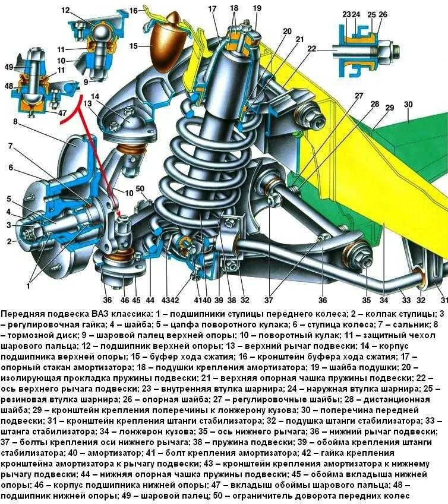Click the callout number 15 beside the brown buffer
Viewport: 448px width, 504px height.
click(x=134, y=46)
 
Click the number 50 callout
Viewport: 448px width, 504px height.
click(x=140, y=189)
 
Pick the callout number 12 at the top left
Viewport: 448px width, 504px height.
click(x=65, y=10)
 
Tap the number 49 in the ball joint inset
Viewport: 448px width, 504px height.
click(x=8, y=67)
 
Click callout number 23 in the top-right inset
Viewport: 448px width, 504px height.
click(x=346, y=14)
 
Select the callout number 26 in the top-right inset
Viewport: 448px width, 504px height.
click(x=383, y=14)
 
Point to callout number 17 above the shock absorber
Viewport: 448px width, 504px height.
click(x=213, y=8)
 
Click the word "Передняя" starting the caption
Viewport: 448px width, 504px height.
click(x=22, y=313)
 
